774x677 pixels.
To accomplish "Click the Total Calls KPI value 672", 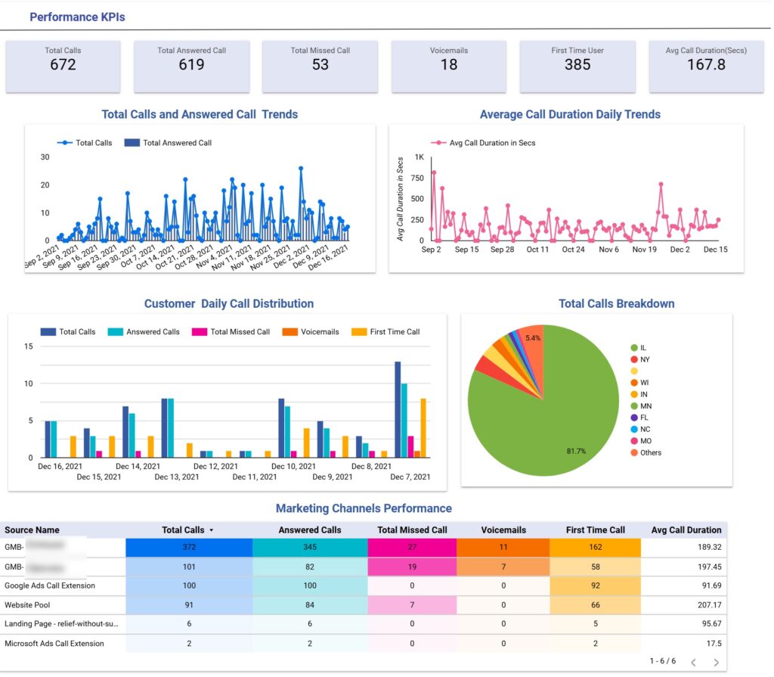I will pos(63,65).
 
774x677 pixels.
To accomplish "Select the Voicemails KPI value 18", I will pos(449,65).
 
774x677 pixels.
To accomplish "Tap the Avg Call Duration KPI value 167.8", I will pos(706,65).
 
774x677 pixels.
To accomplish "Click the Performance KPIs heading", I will pos(77,17).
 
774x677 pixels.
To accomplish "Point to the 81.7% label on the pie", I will pos(577,451).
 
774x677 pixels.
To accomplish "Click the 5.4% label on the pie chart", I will pos(533,338).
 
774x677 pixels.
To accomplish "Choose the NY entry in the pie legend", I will pos(644,359).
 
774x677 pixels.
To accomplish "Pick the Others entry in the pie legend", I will pos(650,452).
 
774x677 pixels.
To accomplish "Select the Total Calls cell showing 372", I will pos(189,547).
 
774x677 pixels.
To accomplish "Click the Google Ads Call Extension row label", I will pos(50,585).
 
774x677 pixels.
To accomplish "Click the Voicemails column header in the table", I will pos(503,529).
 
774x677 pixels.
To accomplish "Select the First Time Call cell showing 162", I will pos(595,547).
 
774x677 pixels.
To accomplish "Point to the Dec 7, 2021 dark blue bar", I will pos(398,409).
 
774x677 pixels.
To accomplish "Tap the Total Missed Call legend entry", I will pos(240,331).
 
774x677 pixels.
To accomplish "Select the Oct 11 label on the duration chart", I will pos(537,250).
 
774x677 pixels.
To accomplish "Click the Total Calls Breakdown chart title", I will pos(616,303).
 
